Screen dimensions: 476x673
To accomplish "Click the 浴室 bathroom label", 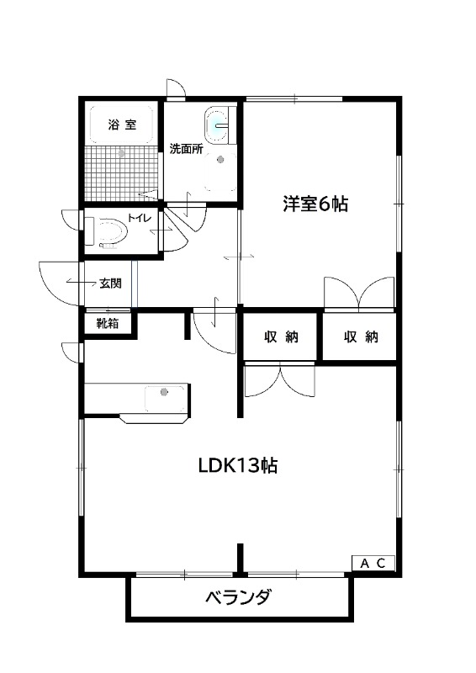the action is (122, 125).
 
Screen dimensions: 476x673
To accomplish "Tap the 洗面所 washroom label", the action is (187, 149).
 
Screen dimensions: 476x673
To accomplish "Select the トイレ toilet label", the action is (140, 218).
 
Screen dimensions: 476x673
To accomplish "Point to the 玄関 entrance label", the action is (110, 284).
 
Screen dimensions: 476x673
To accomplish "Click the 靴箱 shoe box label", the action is (108, 323).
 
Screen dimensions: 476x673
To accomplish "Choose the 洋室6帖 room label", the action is (315, 204).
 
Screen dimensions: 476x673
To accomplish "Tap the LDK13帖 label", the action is (238, 465).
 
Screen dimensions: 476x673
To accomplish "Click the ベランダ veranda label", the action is (238, 597).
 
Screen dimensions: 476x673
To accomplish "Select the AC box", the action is (373, 563).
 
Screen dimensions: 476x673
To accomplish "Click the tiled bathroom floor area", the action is (122, 173).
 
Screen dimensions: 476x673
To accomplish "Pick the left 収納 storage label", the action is (281, 337).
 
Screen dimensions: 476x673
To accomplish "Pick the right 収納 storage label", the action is (361, 337).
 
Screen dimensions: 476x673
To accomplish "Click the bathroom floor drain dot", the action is (121, 153).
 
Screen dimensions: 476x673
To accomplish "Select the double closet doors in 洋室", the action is (359, 293).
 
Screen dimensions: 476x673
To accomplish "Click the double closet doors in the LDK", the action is (279, 380).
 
